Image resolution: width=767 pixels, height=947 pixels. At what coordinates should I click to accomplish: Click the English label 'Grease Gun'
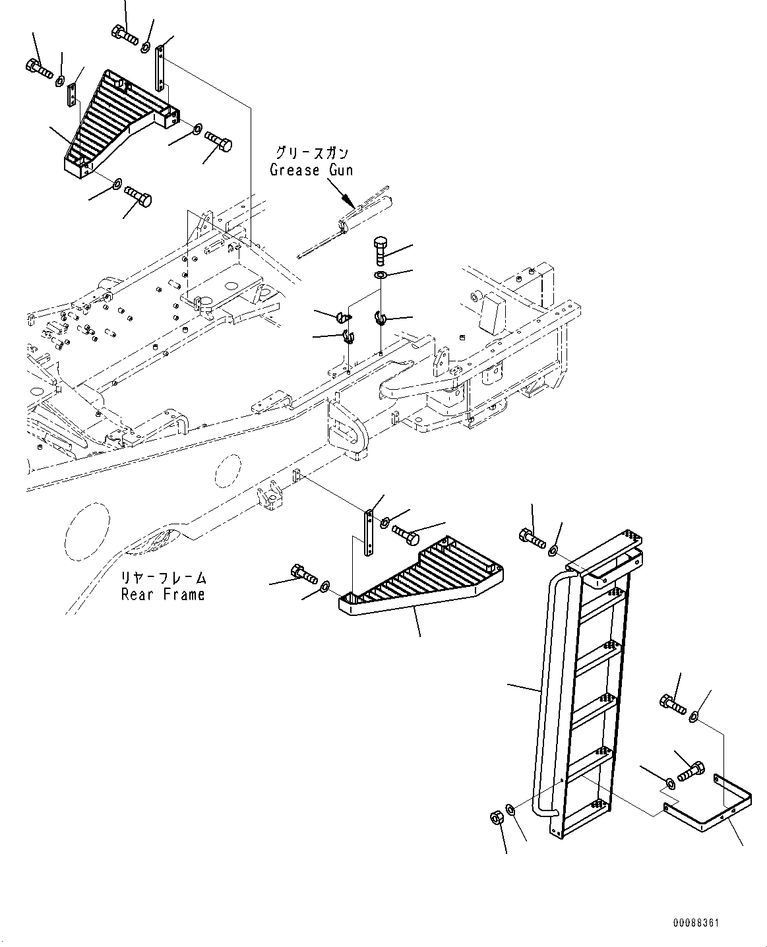[311, 170]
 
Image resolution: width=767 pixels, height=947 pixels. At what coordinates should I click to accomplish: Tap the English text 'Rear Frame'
[163, 594]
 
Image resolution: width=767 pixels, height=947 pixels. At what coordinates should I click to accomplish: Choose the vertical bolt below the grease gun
[380, 251]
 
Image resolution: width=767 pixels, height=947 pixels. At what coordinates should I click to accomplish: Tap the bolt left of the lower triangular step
[303, 573]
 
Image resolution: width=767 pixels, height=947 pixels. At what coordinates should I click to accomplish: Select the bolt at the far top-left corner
[39, 68]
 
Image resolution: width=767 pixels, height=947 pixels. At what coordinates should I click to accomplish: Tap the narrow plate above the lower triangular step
[369, 533]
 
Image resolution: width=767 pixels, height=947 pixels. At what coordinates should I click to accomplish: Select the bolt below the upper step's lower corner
[138, 196]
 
